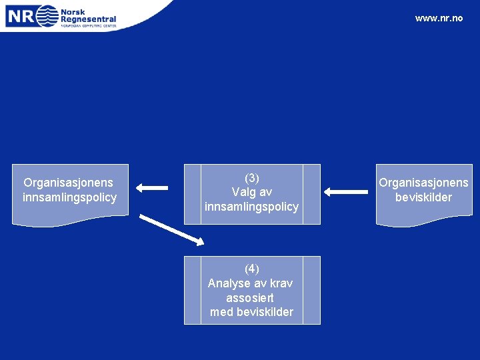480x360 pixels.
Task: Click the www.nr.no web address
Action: click(x=438, y=18)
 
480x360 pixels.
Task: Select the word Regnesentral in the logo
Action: click(x=88, y=20)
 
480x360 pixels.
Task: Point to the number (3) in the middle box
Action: click(x=251, y=178)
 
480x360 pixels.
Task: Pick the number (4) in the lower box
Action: click(x=251, y=269)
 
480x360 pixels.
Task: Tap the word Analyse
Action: click(x=228, y=283)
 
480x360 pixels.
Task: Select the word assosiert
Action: click(x=250, y=297)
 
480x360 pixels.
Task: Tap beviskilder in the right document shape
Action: click(x=423, y=197)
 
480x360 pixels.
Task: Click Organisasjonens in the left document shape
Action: click(x=68, y=183)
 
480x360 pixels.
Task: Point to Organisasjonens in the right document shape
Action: click(x=423, y=183)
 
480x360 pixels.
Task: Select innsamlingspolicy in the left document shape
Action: click(x=69, y=197)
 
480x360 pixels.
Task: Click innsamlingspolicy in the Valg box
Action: click(x=251, y=207)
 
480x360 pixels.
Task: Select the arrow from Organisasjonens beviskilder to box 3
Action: click(x=346, y=192)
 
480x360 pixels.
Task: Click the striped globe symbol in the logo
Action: click(x=47, y=15)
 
